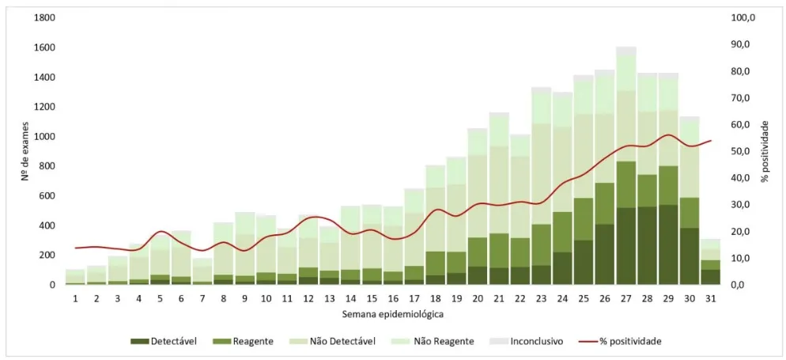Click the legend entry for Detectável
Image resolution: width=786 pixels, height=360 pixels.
(x=164, y=342)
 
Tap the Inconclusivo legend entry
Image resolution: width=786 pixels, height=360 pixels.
(x=526, y=342)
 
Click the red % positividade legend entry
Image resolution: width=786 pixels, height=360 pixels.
(x=622, y=342)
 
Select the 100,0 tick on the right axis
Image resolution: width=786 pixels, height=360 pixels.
(x=744, y=18)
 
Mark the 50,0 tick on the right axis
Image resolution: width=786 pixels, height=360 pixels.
(x=742, y=151)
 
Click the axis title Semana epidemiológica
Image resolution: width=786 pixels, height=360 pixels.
(x=393, y=315)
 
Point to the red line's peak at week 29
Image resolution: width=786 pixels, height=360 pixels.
(x=667, y=135)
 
